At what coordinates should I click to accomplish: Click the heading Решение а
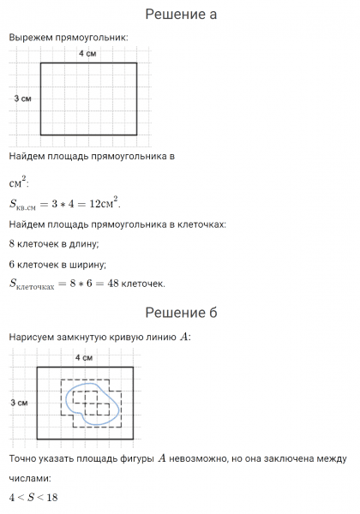[x=180, y=15]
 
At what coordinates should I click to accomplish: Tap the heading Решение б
[x=180, y=312]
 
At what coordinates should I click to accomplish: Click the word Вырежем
[x=33, y=38]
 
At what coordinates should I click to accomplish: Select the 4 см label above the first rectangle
[x=87, y=55]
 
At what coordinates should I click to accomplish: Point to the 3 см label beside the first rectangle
[x=23, y=99]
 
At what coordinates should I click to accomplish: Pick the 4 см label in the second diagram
[x=84, y=356]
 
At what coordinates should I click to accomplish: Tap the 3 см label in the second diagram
[x=20, y=403]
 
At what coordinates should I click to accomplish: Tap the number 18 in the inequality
[x=51, y=498]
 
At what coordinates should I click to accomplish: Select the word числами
[x=29, y=479]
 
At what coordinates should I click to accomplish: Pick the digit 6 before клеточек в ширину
[x=12, y=265]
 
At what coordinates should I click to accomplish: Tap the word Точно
[x=24, y=460]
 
